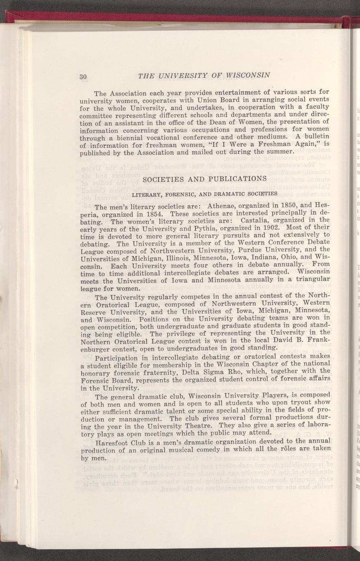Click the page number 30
84,76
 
